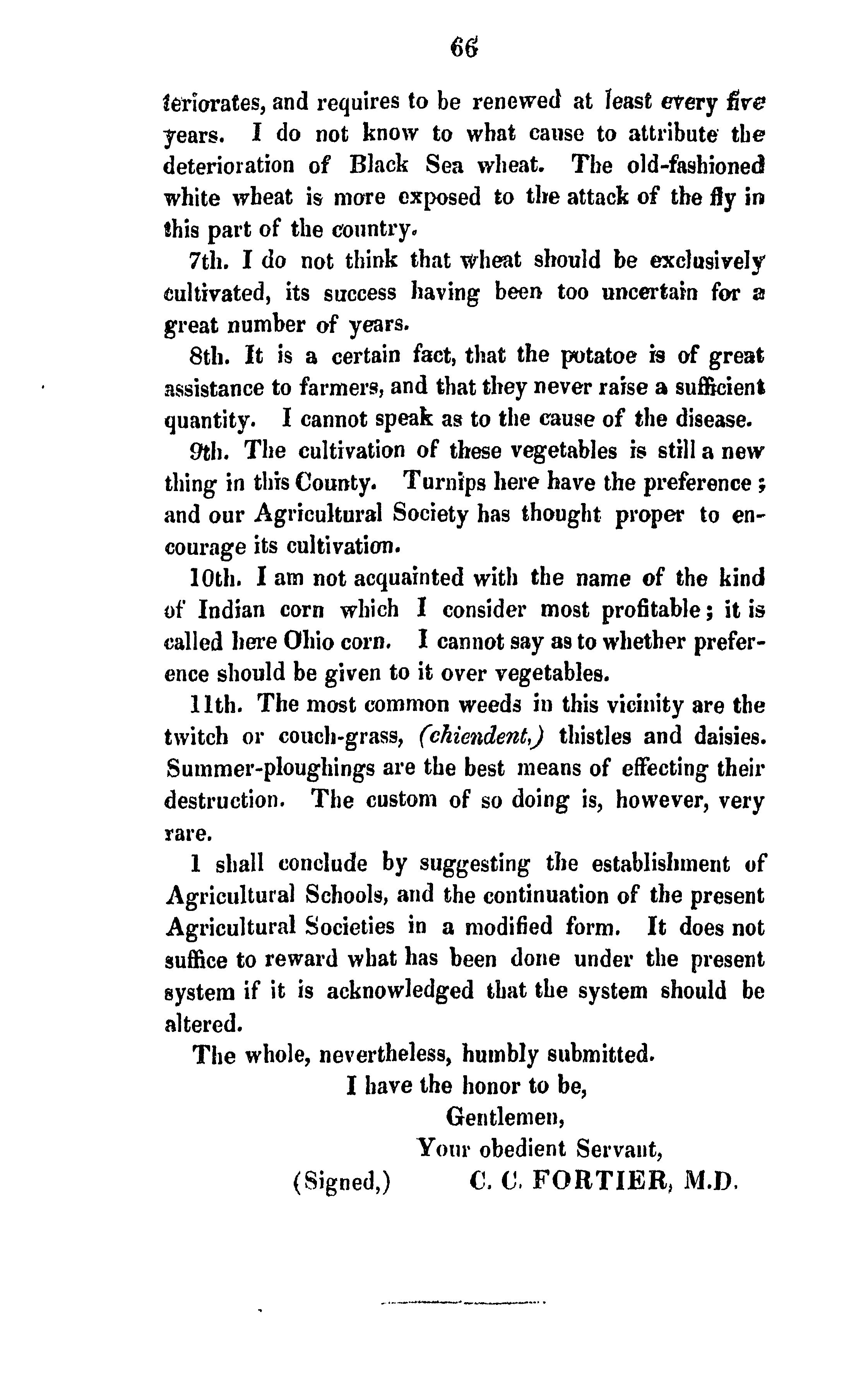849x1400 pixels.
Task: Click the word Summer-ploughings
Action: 270,769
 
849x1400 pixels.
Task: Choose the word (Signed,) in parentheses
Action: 341,1183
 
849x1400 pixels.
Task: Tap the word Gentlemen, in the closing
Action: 505,1118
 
